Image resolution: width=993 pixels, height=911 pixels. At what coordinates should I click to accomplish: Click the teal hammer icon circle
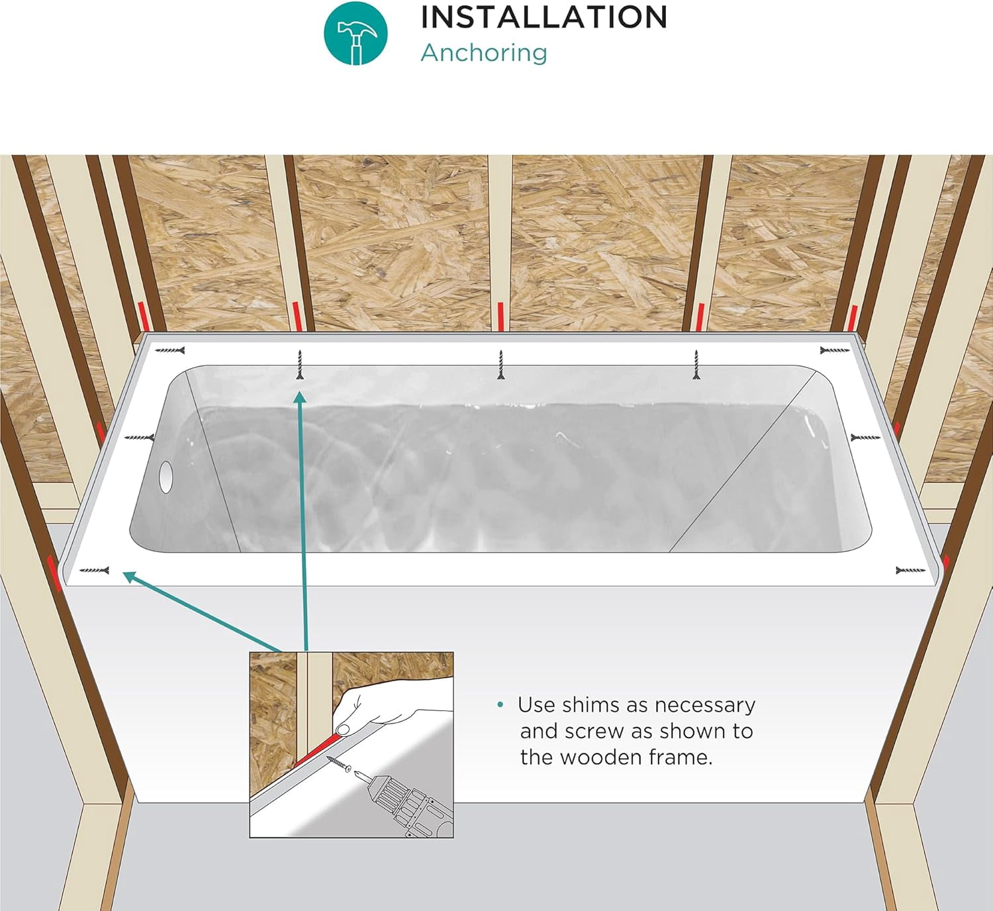(x=355, y=33)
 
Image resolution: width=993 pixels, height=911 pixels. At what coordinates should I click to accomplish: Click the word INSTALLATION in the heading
(x=544, y=17)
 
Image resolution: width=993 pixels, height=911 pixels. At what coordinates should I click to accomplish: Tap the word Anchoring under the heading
(x=484, y=53)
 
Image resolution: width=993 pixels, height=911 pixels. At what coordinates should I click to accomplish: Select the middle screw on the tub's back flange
(x=501, y=364)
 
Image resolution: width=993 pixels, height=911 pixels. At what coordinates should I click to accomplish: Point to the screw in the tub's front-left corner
(x=94, y=570)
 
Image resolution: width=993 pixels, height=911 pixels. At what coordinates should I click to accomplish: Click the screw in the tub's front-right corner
(x=910, y=570)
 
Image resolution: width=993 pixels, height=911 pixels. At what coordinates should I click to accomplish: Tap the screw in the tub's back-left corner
(x=169, y=350)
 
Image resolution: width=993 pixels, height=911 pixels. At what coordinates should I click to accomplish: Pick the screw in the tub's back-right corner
(x=835, y=350)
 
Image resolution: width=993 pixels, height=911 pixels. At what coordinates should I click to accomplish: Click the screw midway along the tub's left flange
(x=139, y=438)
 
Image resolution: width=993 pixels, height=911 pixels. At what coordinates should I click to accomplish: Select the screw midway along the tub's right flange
(x=865, y=438)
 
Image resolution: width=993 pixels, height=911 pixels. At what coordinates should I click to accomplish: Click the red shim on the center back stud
(x=500, y=316)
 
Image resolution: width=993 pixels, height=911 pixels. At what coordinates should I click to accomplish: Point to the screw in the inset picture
(x=338, y=763)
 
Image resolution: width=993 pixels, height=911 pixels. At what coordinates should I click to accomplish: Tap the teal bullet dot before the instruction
(x=500, y=704)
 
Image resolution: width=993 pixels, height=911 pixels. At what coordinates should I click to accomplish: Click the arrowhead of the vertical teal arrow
(x=300, y=398)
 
